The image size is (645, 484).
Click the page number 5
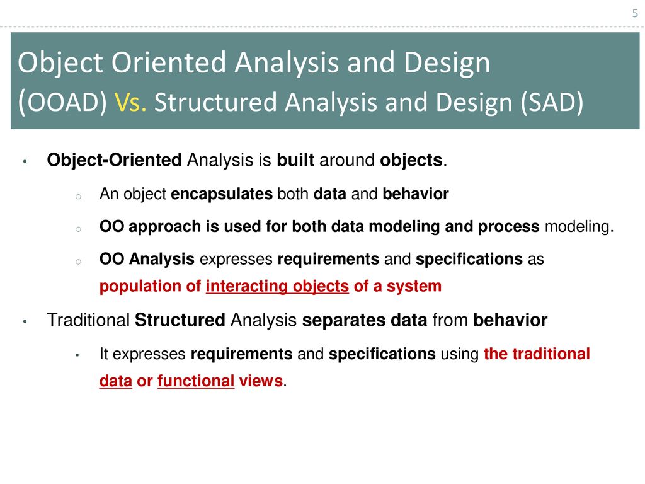(x=635, y=14)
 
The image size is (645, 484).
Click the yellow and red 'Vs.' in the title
(x=130, y=102)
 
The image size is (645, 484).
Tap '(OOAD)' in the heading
(x=62, y=102)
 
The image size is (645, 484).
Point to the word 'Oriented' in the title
(x=169, y=62)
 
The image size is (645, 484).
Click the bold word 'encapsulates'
(x=222, y=194)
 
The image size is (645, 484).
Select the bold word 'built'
(x=295, y=159)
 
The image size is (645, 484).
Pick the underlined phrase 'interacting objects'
(x=277, y=286)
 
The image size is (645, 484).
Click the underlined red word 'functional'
(x=196, y=381)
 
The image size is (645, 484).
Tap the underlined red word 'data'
(x=116, y=381)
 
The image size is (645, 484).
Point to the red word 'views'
(x=261, y=381)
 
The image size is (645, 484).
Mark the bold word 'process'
(x=508, y=227)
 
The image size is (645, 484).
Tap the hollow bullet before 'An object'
(x=78, y=197)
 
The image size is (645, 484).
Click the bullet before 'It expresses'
(x=77, y=355)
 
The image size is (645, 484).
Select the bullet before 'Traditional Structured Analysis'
(x=25, y=321)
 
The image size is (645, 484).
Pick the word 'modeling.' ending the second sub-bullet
(x=579, y=227)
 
